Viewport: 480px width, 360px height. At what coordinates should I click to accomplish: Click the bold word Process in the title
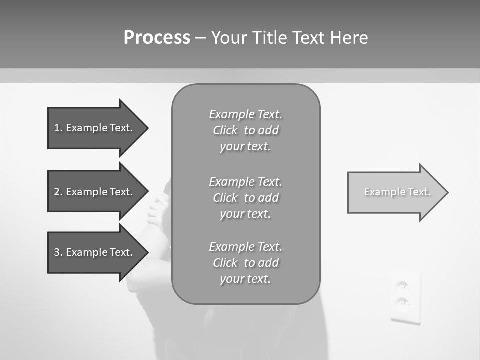point(157,38)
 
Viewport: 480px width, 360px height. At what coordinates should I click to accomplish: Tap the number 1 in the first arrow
point(57,128)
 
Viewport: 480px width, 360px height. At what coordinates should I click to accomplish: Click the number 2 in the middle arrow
point(57,192)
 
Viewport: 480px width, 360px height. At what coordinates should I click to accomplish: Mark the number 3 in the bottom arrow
point(57,252)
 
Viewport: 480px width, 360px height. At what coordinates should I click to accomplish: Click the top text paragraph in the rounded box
point(246,130)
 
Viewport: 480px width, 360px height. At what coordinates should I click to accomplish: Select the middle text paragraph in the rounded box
point(246,198)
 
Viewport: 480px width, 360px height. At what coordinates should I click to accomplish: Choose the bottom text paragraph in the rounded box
point(246,263)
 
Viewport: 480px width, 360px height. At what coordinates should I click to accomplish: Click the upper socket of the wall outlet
point(403,286)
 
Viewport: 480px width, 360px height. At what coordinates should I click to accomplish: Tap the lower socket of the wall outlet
point(402,303)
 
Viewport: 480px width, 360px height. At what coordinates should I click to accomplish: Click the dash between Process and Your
point(201,38)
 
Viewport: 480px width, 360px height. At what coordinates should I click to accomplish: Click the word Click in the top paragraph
point(225,130)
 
